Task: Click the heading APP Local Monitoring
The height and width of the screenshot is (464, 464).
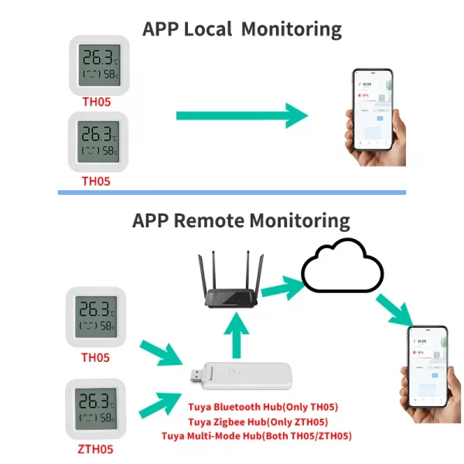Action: [242, 29]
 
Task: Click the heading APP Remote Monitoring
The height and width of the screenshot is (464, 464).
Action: [241, 220]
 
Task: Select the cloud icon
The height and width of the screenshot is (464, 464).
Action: [341, 268]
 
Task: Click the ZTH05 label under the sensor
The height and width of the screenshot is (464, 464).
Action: [96, 449]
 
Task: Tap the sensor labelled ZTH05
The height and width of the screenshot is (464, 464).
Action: [96, 409]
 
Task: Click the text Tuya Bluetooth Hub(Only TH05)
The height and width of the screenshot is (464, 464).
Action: [263, 407]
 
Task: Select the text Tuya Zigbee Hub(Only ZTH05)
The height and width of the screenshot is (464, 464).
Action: [258, 421]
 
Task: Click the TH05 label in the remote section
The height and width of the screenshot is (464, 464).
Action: [96, 358]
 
